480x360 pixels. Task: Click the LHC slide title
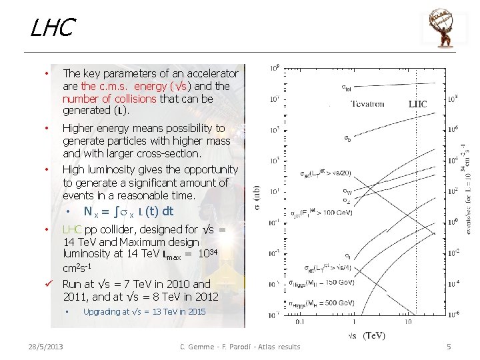[x=52, y=29]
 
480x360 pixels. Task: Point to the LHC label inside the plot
[x=417, y=104]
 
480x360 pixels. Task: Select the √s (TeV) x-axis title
[x=367, y=335]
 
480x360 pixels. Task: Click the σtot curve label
[x=347, y=87]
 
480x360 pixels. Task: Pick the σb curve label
[x=348, y=139]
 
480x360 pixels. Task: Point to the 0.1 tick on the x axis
[x=299, y=322]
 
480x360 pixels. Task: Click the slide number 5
[x=449, y=346]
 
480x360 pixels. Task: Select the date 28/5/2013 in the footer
[x=46, y=346]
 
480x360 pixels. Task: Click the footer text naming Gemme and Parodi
[x=241, y=346]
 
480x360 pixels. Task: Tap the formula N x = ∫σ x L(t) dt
[x=128, y=211]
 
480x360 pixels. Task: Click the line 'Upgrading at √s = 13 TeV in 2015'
[x=145, y=312]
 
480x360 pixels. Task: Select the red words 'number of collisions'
[x=109, y=98]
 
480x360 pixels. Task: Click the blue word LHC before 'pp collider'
[x=72, y=229]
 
